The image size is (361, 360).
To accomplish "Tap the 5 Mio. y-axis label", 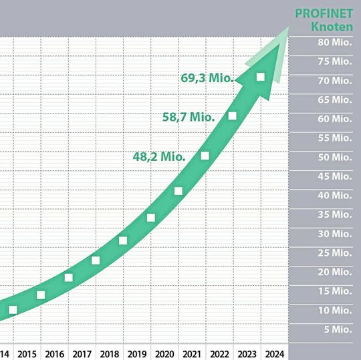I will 336,330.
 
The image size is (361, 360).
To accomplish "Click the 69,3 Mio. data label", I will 207,77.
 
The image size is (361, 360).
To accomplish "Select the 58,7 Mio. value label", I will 189,116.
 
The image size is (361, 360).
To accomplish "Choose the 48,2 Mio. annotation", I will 159,157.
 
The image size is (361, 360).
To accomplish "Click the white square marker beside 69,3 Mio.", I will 260,77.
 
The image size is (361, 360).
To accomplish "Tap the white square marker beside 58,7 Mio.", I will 232,116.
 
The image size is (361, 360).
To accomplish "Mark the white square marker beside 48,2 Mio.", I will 205,156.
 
